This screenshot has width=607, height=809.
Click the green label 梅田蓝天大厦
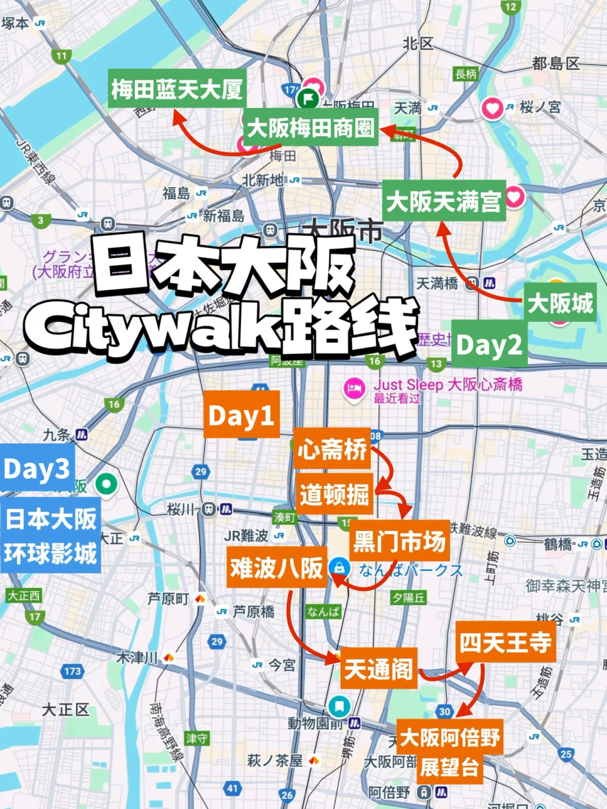[177, 89]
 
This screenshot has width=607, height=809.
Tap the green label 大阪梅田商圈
[310, 128]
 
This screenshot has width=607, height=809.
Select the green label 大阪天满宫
[443, 201]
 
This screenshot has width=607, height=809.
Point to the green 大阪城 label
[560, 303]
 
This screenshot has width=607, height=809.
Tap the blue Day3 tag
[37, 469]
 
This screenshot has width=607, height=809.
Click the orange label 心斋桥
[332, 449]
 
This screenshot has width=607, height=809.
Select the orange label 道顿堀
[334, 494]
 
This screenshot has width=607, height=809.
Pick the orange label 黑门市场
[400, 541]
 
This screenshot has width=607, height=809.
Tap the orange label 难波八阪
[277, 567]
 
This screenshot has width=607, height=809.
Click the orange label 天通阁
[379, 669]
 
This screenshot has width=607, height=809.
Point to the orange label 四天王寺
[505, 642]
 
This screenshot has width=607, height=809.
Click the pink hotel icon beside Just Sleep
[354, 388]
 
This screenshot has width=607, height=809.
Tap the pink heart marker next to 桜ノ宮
[492, 108]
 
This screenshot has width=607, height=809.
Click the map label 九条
[57, 435]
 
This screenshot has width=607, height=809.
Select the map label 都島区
[555, 63]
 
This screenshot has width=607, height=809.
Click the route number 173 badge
[73, 671]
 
